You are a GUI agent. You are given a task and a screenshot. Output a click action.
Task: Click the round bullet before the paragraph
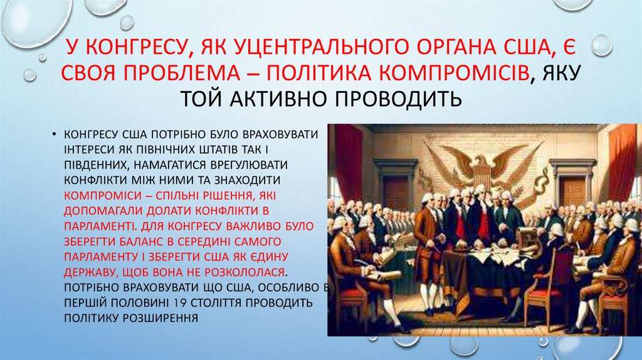click(x=56, y=135)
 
